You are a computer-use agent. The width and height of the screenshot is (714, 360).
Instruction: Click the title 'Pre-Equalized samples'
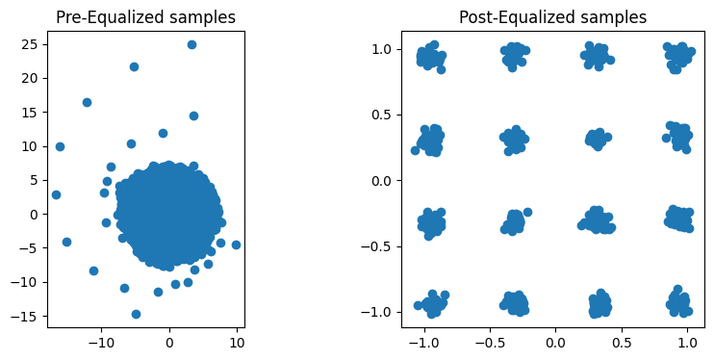point(145,17)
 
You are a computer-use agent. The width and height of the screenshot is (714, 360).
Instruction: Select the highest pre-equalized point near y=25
point(191,44)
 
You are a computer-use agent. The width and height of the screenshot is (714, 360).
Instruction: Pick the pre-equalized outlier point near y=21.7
point(134,66)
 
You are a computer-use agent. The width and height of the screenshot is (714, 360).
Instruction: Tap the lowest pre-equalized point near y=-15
point(136,314)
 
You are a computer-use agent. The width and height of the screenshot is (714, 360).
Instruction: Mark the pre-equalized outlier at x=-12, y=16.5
point(87,102)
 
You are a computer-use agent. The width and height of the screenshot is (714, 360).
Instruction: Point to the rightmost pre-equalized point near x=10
point(236,244)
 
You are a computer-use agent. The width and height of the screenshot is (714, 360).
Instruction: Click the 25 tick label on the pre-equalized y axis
point(29,44)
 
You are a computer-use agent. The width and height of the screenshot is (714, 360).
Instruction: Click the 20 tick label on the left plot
point(29,78)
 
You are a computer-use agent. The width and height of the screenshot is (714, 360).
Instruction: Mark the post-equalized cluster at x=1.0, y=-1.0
point(679,305)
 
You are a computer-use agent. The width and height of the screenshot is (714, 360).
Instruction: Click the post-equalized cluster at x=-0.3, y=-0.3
point(515,222)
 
